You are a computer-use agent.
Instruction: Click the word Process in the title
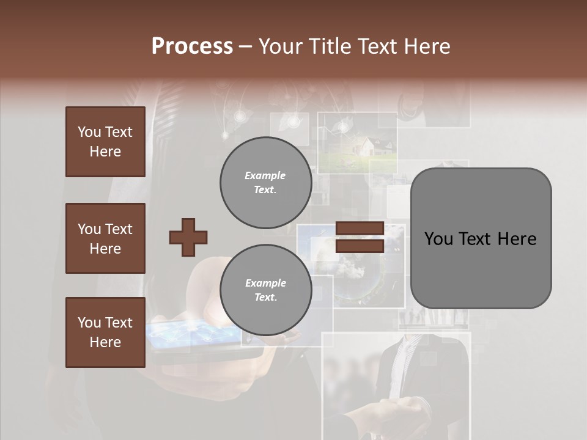192,46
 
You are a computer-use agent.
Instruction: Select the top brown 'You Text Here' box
105,142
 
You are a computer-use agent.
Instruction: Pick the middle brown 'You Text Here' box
105,238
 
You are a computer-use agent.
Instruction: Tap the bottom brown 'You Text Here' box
105,332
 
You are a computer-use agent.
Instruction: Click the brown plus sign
188,237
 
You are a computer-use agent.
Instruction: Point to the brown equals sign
360,237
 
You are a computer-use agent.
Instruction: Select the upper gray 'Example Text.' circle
265,183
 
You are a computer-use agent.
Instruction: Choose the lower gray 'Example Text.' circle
265,290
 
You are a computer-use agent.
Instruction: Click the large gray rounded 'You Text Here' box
481,238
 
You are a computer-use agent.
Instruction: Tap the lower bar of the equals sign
360,246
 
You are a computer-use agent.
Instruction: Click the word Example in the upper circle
265,175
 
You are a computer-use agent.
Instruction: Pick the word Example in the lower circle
265,283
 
